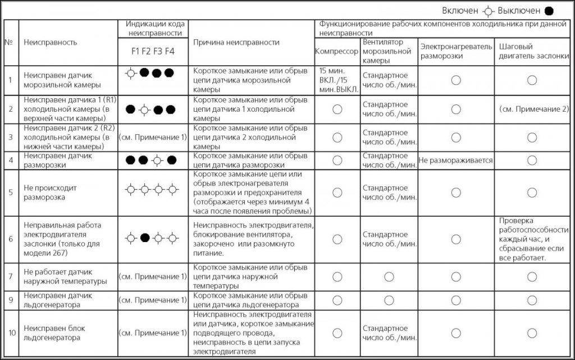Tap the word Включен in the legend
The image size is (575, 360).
tap(460, 11)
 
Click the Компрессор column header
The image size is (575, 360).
tap(336, 51)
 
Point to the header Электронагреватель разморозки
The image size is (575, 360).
tap(456, 51)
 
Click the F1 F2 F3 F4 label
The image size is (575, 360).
tap(153, 51)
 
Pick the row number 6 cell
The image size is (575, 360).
tap(11, 239)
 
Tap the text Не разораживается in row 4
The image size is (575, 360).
tap(456, 161)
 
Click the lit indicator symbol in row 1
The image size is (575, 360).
tap(130, 73)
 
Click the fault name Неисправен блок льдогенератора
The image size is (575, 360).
tap(52, 333)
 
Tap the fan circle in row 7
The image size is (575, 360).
tap(389, 276)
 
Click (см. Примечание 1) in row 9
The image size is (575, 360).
tap(152, 300)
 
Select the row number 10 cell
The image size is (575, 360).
tap(11, 333)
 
